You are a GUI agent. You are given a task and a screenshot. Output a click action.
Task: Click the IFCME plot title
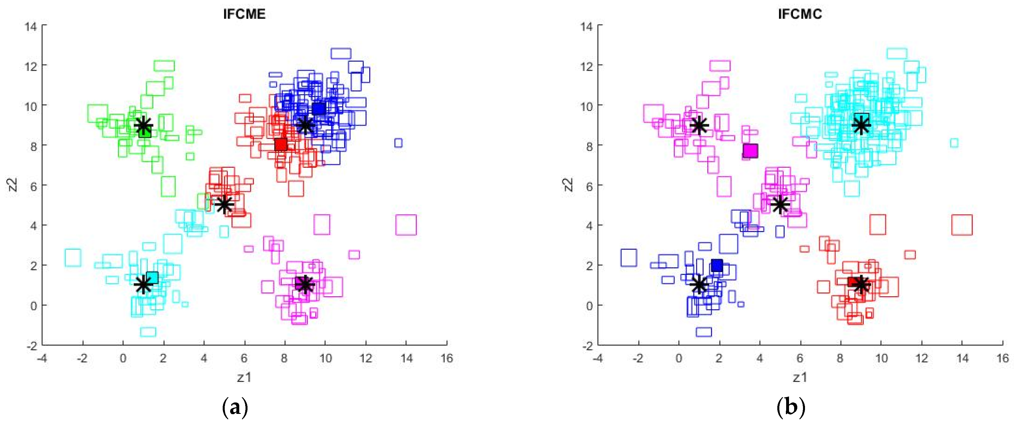[x=244, y=14]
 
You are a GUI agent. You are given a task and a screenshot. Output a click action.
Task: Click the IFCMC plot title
[x=800, y=14]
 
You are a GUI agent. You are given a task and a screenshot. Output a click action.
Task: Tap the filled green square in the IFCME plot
[x=145, y=132]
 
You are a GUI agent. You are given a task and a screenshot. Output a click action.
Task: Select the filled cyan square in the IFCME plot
[x=152, y=278]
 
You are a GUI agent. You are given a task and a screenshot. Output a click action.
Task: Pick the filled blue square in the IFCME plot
[x=319, y=109]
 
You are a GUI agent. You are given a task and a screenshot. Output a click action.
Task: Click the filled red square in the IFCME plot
[x=281, y=144]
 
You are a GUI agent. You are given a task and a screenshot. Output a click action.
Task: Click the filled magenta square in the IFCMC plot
[x=750, y=150]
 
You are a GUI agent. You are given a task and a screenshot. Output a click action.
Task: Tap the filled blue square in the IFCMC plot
[x=717, y=265]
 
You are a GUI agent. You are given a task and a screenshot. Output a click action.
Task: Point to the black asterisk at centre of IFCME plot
[x=224, y=204]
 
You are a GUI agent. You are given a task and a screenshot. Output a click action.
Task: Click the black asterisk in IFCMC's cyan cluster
[x=861, y=126]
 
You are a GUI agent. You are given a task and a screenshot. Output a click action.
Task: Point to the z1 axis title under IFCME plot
[x=244, y=377]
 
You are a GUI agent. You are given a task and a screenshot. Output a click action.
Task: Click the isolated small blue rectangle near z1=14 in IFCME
[x=398, y=143]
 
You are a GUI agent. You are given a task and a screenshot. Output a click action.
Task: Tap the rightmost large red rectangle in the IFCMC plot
[x=962, y=225]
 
